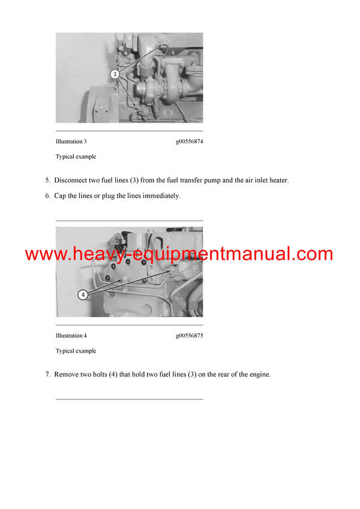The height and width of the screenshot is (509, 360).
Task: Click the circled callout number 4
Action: [83, 294]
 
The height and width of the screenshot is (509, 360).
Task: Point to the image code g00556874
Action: [189, 141]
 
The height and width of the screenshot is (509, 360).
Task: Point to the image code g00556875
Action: [189, 336]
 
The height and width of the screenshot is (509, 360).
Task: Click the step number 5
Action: [47, 180]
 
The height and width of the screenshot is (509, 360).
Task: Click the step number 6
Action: [47, 195]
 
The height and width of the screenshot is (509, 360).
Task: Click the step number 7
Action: [47, 374]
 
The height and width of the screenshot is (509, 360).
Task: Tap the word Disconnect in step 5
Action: [71, 180]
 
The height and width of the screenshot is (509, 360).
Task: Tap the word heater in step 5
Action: [277, 180]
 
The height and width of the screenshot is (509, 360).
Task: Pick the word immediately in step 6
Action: [161, 195]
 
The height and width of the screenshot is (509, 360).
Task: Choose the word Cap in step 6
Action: [60, 195]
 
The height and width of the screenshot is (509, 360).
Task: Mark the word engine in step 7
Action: [260, 374]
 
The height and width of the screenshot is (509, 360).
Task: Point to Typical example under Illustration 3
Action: [76, 156]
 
